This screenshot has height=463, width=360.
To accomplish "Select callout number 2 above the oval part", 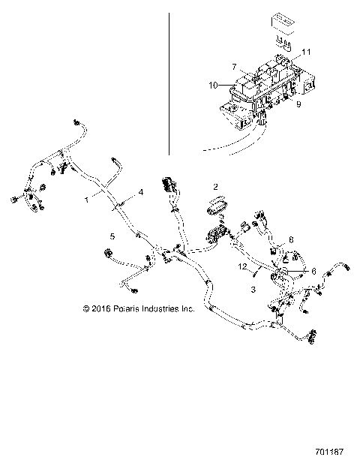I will (x=215, y=185).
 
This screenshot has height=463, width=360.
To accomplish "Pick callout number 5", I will (x=112, y=236).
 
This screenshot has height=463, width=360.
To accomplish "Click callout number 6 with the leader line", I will (x=313, y=272).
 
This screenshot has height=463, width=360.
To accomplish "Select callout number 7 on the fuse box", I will (x=235, y=67).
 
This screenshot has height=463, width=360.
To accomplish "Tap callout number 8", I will (x=292, y=239).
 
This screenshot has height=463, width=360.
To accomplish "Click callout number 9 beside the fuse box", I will (x=298, y=104).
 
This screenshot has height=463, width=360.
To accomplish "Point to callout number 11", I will (x=305, y=51).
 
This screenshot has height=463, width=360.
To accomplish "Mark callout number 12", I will (x=242, y=266).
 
